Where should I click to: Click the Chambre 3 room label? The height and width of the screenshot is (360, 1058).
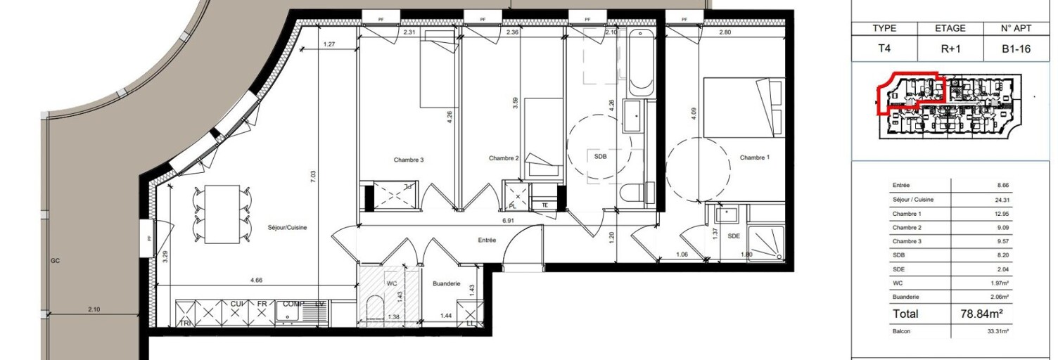pyautogui.click(x=408, y=160)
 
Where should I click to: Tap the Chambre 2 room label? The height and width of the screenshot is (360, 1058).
pyautogui.click(x=504, y=159)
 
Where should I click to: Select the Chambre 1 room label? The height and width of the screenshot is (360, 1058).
pyautogui.click(x=754, y=158)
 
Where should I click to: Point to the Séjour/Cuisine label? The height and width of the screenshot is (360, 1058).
pyautogui.click(x=287, y=228)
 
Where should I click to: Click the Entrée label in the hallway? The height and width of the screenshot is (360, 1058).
pyautogui.click(x=486, y=240)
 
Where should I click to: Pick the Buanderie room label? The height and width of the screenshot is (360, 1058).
pyautogui.click(x=447, y=283)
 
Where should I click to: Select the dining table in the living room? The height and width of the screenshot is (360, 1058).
pyautogui.click(x=222, y=214)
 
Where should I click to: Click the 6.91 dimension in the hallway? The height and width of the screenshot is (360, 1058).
pyautogui.click(x=509, y=220)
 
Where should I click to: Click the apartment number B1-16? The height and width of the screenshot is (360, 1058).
pyautogui.click(x=1015, y=50)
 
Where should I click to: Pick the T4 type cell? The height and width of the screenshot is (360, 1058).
pyautogui.click(x=884, y=50)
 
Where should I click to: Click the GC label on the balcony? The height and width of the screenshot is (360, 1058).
pyautogui.click(x=55, y=261)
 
